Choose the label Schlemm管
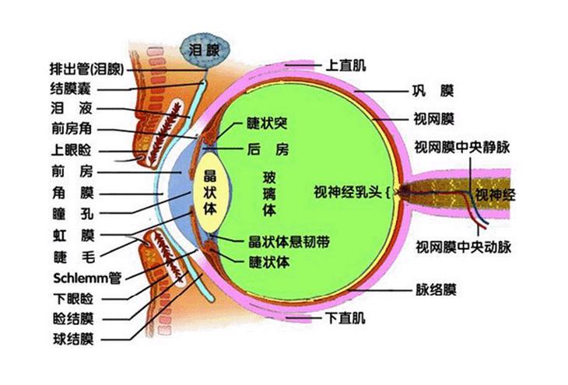[87, 276]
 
